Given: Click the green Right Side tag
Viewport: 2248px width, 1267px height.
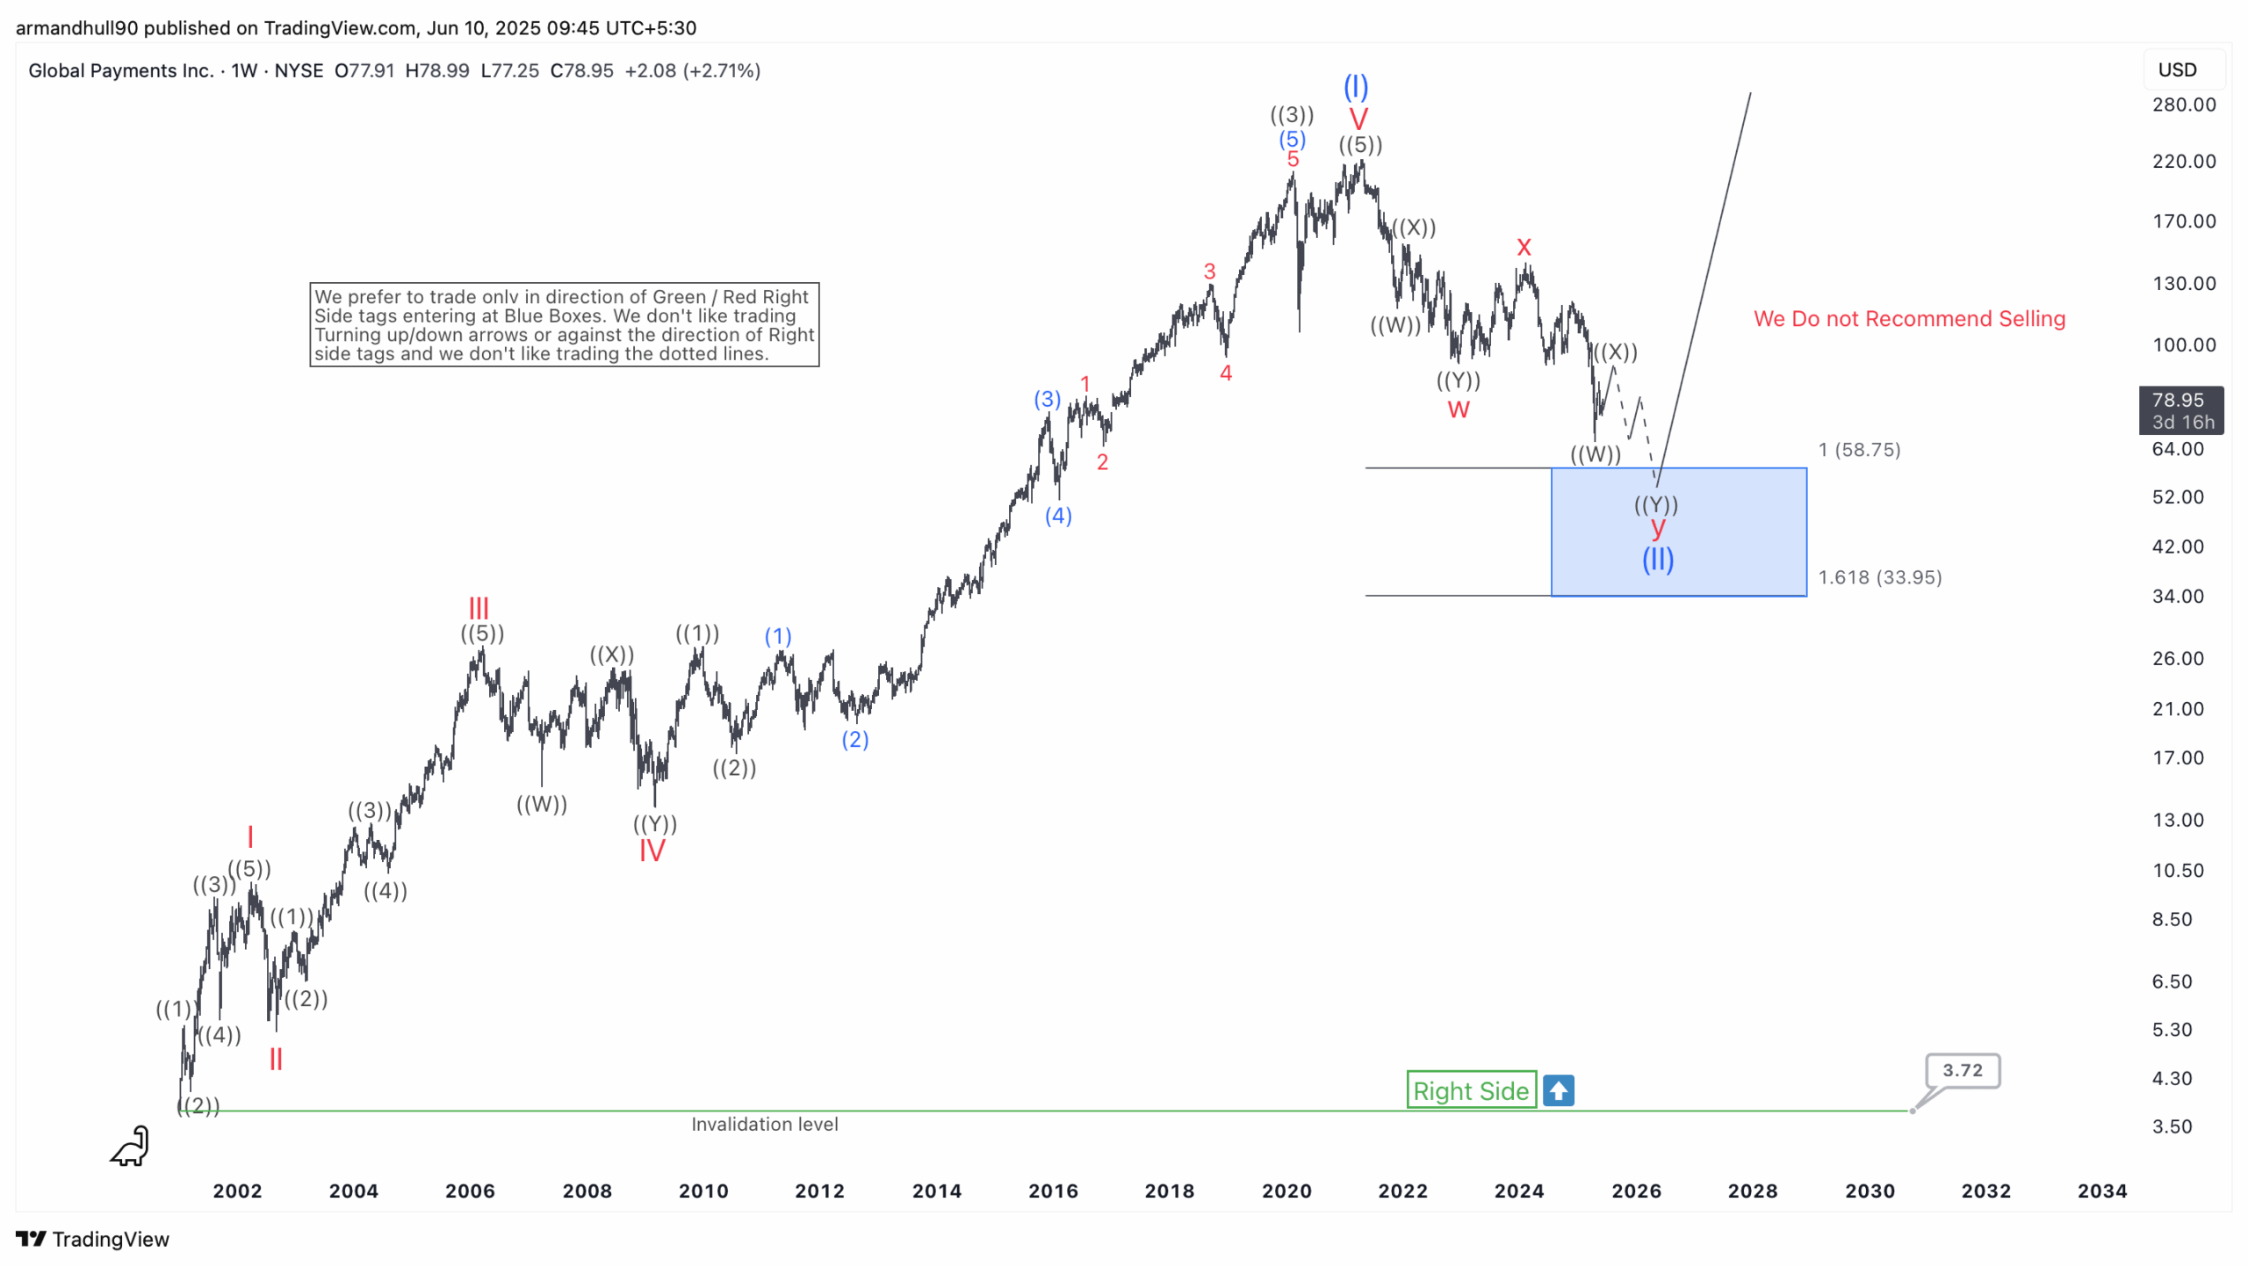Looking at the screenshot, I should tap(1471, 1090).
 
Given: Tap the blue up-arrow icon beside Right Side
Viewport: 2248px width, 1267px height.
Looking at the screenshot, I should tap(1559, 1090).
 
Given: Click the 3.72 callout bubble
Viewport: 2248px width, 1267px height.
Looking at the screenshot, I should tap(1962, 1070).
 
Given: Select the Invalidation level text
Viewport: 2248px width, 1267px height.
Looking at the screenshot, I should tap(764, 1124).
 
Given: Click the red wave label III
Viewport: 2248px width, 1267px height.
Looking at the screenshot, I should tap(479, 608).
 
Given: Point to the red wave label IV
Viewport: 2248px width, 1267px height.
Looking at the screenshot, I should tap(652, 851).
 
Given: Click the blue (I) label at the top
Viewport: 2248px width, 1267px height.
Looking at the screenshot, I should tap(1356, 86).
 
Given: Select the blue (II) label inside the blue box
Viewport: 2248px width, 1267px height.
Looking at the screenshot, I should tap(1658, 559).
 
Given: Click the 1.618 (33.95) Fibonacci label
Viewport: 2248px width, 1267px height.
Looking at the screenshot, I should tap(1879, 577).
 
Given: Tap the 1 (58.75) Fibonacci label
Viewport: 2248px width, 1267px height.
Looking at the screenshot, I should tap(1859, 450).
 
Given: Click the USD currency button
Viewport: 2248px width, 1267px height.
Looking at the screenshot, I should tap(2178, 69).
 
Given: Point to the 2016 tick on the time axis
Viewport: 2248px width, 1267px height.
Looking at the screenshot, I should tap(1053, 1191).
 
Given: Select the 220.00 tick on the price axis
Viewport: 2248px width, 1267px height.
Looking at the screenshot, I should tap(2184, 161).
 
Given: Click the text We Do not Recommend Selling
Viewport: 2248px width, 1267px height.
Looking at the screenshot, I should tap(1909, 319).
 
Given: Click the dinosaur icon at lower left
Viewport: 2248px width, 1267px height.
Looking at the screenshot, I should tap(131, 1147).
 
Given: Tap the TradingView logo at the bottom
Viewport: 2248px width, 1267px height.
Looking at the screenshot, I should tap(92, 1239).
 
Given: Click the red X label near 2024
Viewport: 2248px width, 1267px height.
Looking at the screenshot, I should tap(1524, 247).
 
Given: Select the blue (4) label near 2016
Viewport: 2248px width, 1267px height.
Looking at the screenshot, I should tap(1058, 516).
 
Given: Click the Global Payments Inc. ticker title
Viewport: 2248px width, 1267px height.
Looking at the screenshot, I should tap(121, 70).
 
